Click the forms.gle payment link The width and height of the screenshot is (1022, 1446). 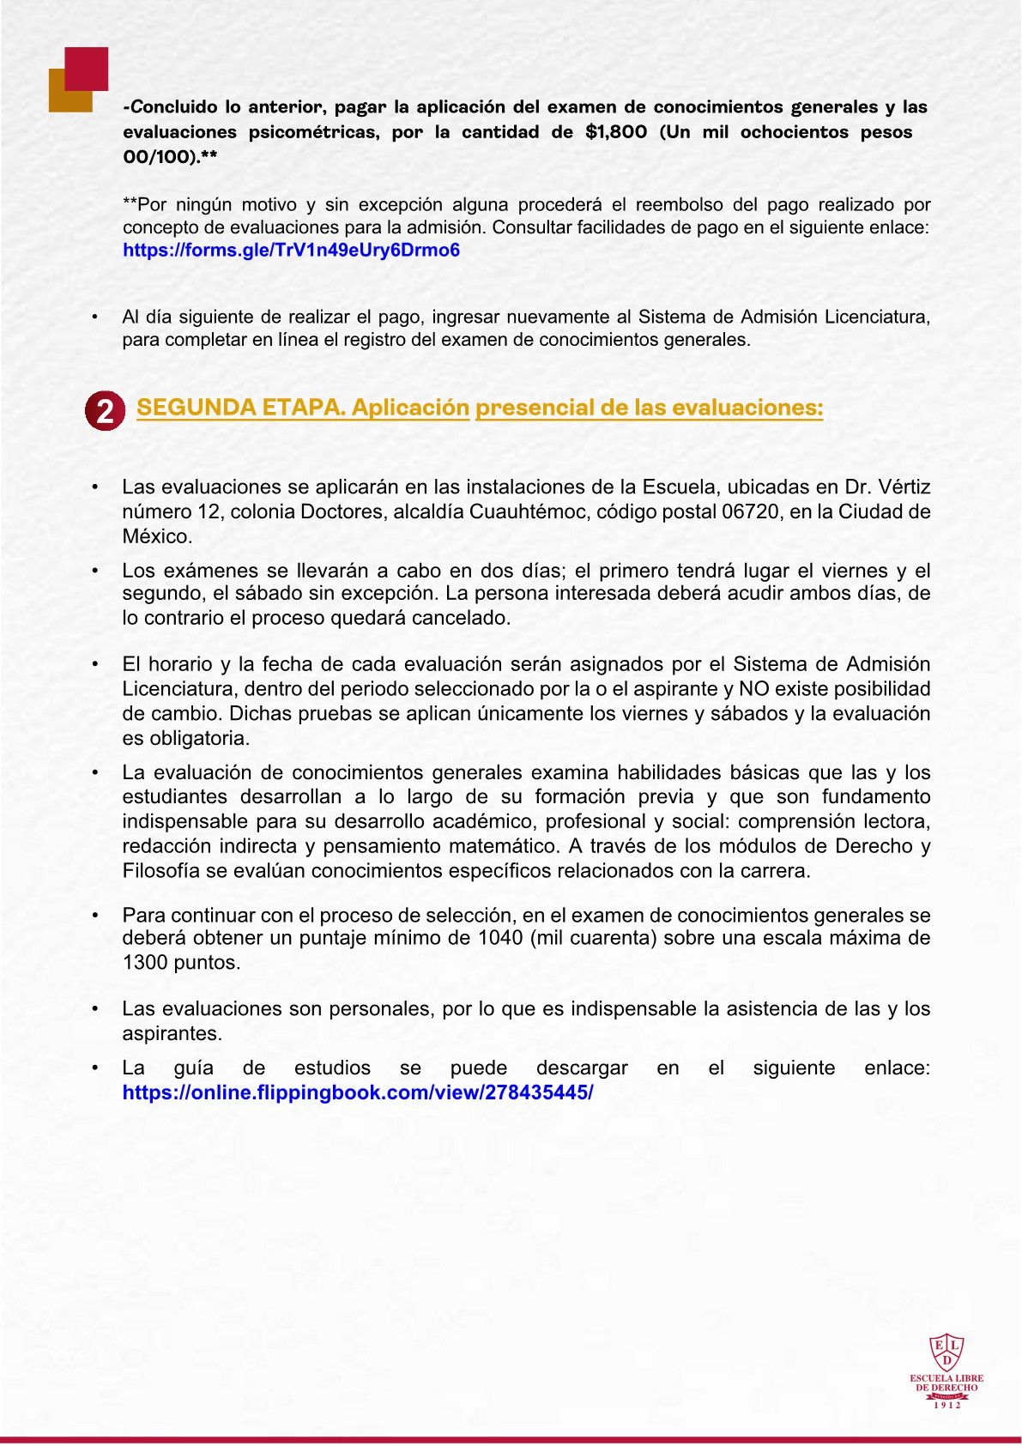click(x=291, y=251)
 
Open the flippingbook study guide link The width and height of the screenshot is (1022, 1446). click(x=357, y=1092)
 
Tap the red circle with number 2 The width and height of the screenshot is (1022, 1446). click(x=105, y=410)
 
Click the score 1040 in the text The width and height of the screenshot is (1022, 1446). click(x=499, y=938)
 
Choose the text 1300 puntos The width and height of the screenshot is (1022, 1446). click(x=181, y=963)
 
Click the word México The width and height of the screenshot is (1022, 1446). click(x=155, y=536)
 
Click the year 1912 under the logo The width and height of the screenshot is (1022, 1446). click(x=946, y=1405)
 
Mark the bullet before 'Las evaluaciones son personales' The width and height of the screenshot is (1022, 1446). click(x=95, y=1009)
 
